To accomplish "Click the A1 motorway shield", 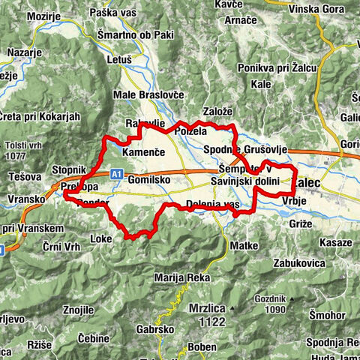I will (117, 174).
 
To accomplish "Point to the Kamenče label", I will (142, 152).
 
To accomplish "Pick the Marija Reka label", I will (180, 277).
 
